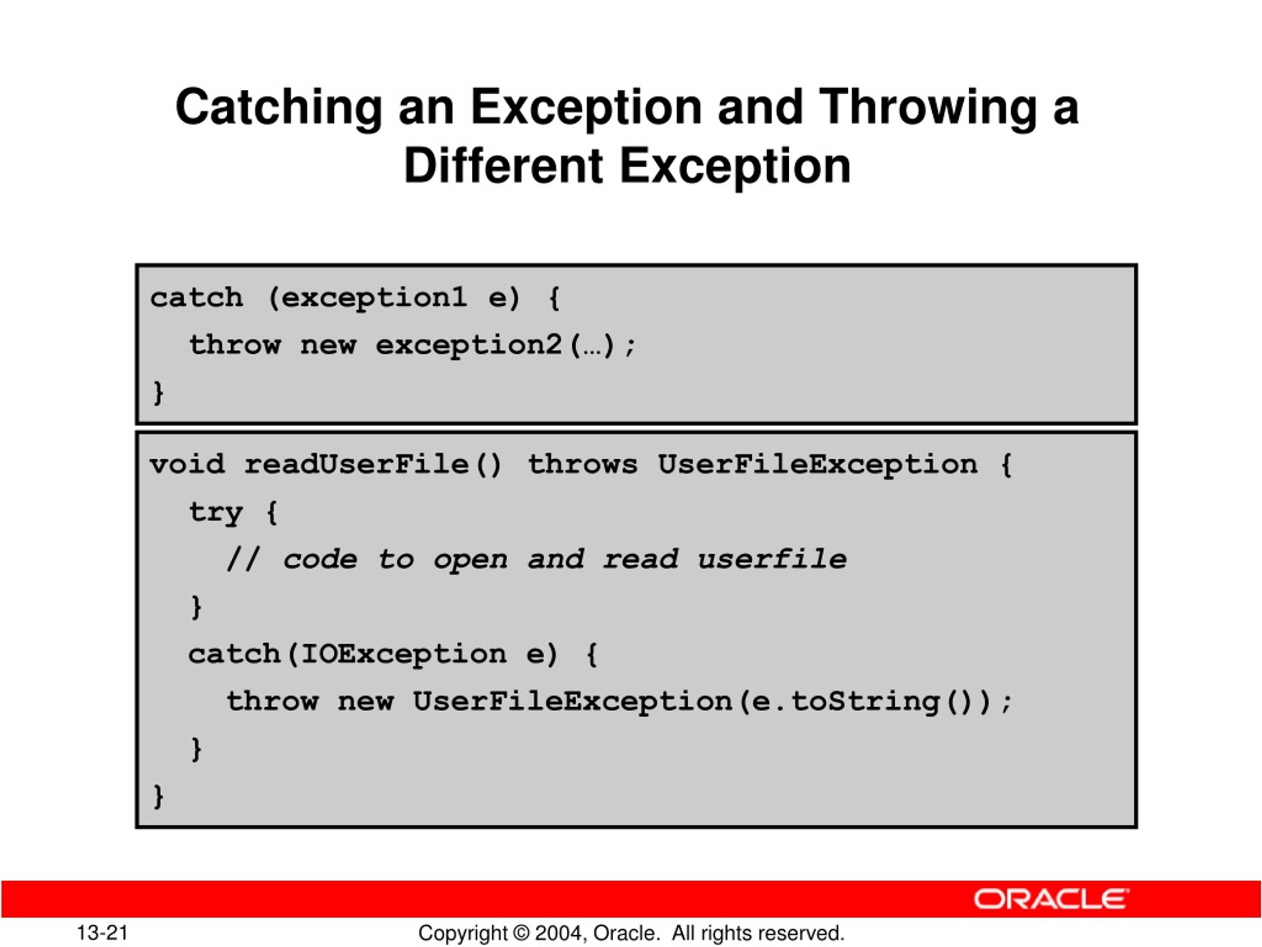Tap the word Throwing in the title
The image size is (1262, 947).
click(x=927, y=108)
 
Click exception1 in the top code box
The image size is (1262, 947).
click(x=374, y=298)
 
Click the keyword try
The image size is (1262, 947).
click(x=215, y=512)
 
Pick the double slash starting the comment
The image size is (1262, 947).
click(x=244, y=559)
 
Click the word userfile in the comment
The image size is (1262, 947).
click(x=772, y=559)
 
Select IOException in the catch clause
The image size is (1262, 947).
click(x=403, y=654)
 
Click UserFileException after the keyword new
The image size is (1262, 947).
click(x=572, y=701)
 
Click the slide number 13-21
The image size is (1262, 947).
click(x=103, y=933)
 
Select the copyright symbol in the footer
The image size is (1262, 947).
click(x=521, y=933)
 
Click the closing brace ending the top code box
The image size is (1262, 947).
click(x=158, y=393)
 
